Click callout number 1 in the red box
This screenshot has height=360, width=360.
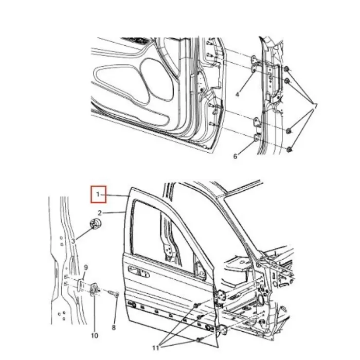click(x=98, y=194)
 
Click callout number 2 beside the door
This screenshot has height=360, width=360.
click(x=100, y=213)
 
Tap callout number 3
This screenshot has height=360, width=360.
click(x=73, y=241)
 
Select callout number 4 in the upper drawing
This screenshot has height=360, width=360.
click(x=238, y=94)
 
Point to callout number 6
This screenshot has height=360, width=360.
click(x=235, y=156)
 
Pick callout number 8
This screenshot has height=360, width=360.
click(x=114, y=328)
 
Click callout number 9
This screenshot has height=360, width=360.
click(x=86, y=267)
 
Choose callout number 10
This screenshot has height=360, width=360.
click(x=95, y=335)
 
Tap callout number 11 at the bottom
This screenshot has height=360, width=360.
click(x=156, y=348)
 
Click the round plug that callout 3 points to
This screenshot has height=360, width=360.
click(x=95, y=224)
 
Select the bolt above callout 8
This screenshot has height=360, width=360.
click(x=114, y=293)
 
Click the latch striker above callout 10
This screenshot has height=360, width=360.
click(x=95, y=290)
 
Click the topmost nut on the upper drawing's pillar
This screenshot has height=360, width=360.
click(x=286, y=69)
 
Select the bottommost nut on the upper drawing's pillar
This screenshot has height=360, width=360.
click(x=289, y=150)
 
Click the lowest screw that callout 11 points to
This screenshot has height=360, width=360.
click(x=198, y=340)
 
